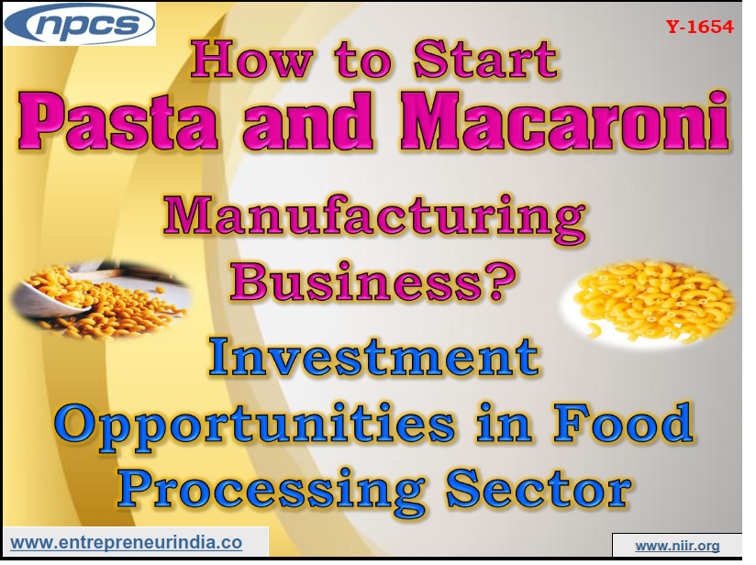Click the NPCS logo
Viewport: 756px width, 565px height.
(80, 24)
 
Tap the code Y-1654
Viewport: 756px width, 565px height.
(700, 27)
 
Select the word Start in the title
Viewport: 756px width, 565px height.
(486, 61)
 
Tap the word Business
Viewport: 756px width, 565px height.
(359, 281)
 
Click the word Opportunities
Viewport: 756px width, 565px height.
(253, 423)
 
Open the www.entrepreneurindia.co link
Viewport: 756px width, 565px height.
(126, 543)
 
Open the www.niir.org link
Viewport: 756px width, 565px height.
(677, 546)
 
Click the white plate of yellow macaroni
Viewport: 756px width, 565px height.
(654, 297)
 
